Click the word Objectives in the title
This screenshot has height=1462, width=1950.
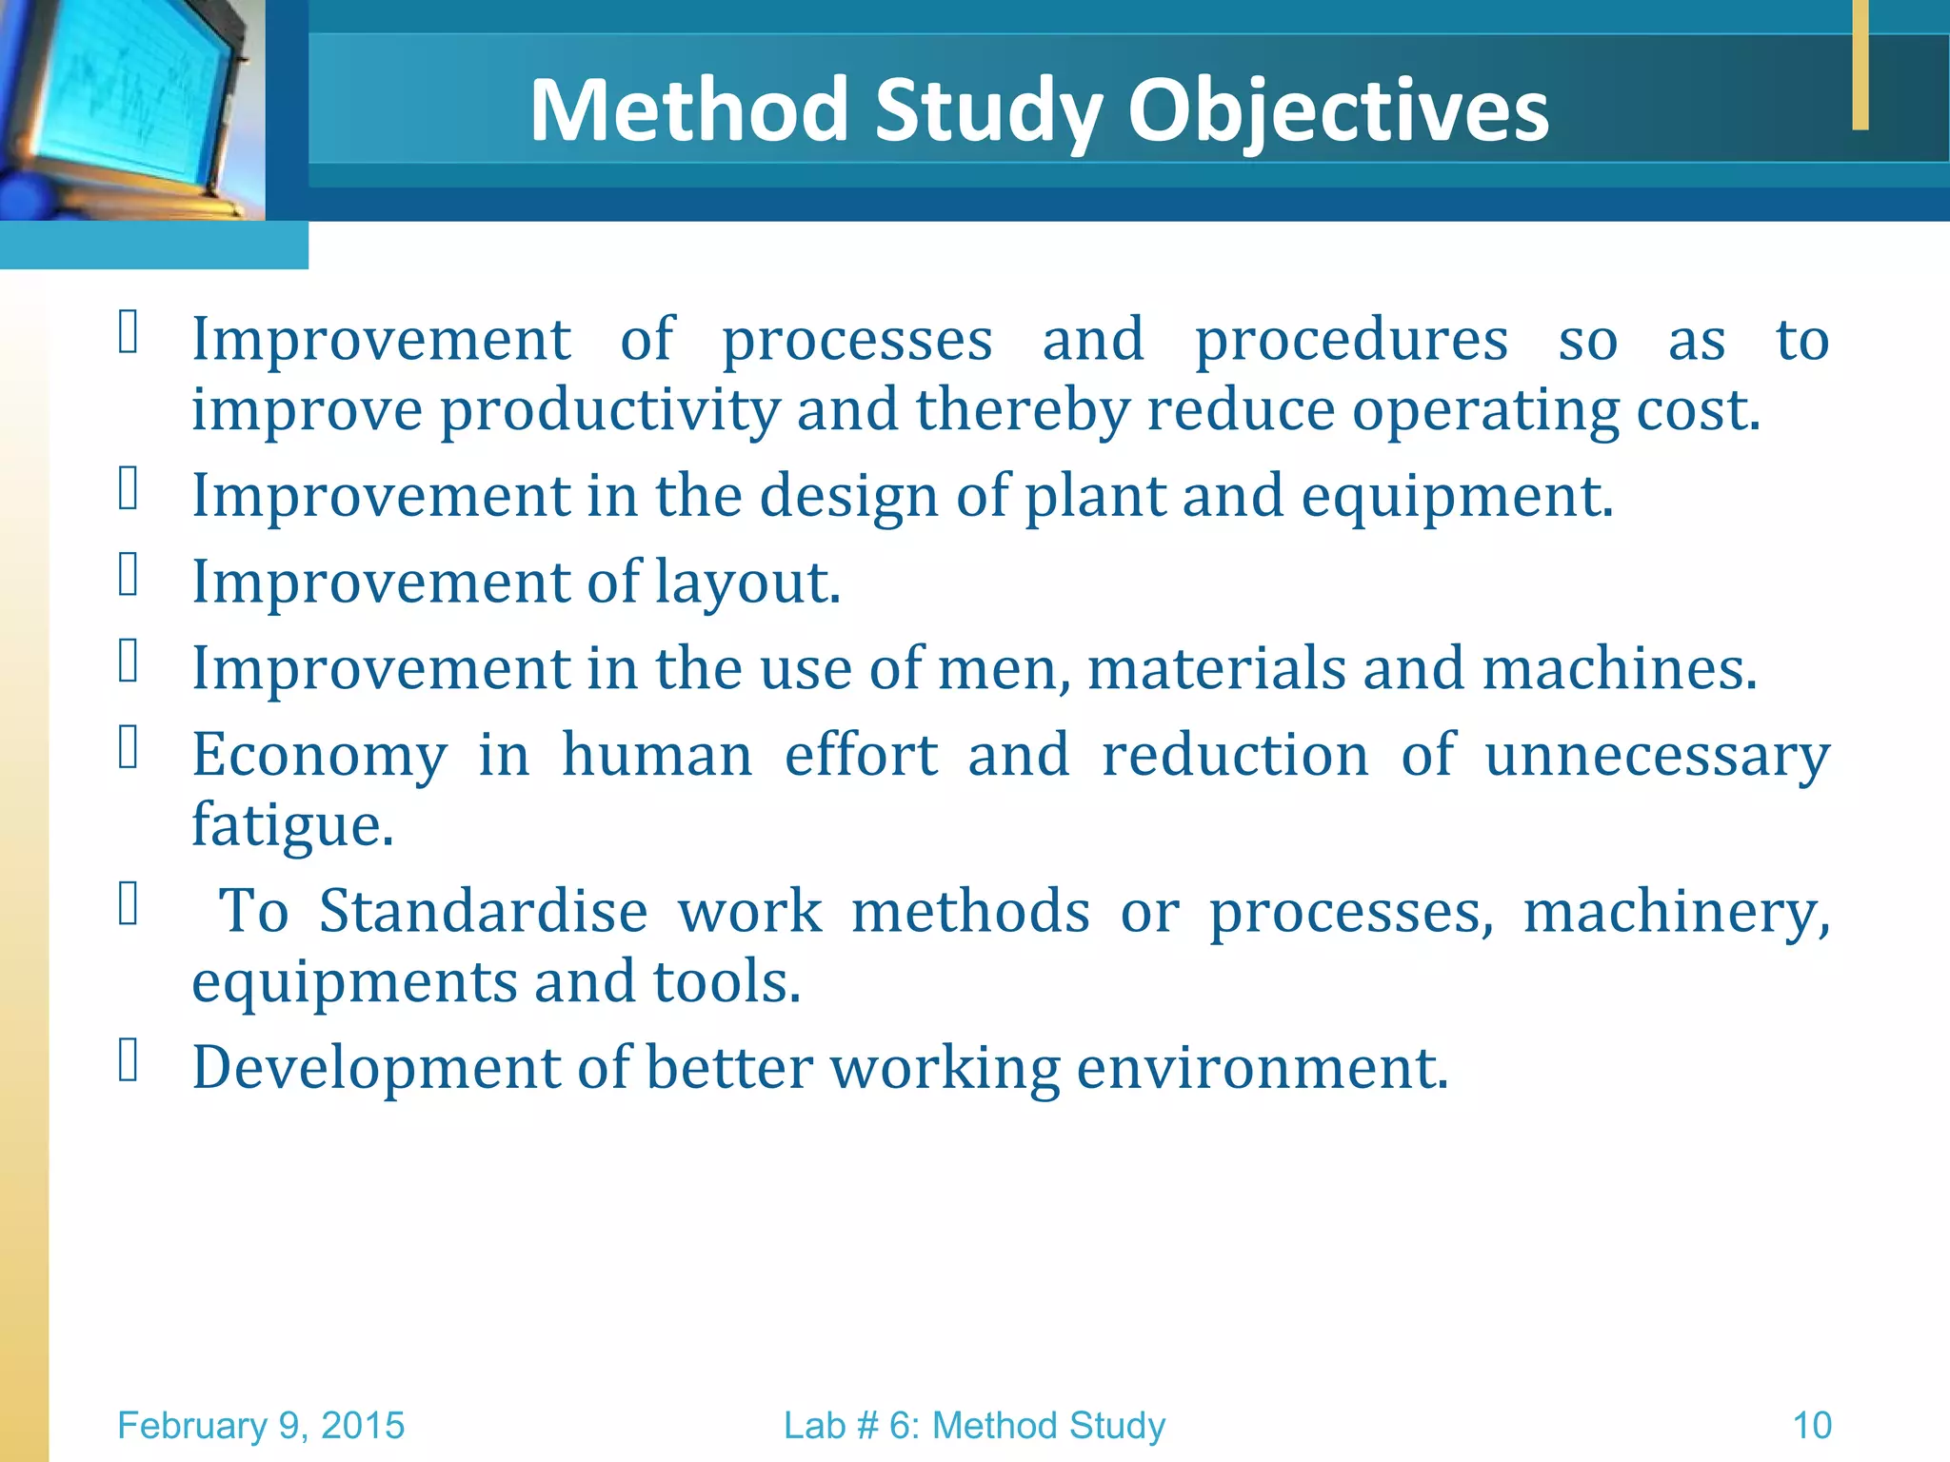[1338, 111]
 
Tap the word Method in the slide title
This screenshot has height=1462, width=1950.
[687, 111]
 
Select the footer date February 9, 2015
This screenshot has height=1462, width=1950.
[261, 1426]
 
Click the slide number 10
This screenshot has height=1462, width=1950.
[1811, 1426]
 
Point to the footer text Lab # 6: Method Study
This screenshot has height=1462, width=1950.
[974, 1426]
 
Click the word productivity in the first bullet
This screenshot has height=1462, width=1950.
[609, 411]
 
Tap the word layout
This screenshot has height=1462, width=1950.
[746, 583]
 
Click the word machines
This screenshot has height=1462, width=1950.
[1618, 668]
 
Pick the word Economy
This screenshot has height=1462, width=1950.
[319, 756]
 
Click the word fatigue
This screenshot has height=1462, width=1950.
[291, 825]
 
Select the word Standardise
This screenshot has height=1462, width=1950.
[483, 911]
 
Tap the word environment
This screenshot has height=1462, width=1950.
[1262, 1067]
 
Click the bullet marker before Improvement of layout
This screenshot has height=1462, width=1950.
[129, 575]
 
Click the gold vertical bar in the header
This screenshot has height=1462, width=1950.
[1860, 64]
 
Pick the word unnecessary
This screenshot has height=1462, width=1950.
[1657, 756]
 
